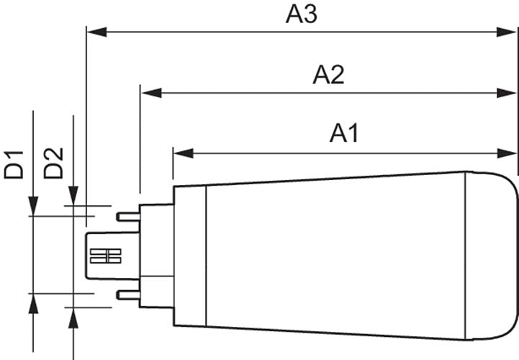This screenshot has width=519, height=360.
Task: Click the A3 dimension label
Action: pyautogui.click(x=301, y=15)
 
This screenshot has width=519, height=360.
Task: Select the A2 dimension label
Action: pyautogui.click(x=328, y=76)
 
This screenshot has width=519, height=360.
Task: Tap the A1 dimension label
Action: pyautogui.click(x=344, y=134)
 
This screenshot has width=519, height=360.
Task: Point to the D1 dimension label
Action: pyautogui.click(x=14, y=165)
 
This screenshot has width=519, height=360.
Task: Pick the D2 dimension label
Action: pyautogui.click(x=53, y=163)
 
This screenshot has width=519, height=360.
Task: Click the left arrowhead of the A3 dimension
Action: pyautogui.click(x=96, y=32)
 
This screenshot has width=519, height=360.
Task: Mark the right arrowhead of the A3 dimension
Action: pyautogui.click(x=507, y=32)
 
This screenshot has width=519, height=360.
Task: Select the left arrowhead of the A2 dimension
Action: pyautogui.click(x=151, y=93)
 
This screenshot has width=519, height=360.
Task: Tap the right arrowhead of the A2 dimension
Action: pyautogui.click(x=507, y=93)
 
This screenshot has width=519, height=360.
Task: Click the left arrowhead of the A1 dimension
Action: pyautogui.click(x=184, y=153)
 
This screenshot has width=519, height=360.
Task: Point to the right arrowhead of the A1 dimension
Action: pyautogui.click(x=507, y=153)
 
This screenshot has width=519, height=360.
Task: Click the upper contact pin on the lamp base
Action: pyautogui.click(x=127, y=217)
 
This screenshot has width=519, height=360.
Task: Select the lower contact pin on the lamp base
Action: pyautogui.click(x=127, y=294)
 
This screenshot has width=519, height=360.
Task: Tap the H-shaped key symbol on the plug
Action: pyautogui.click(x=106, y=256)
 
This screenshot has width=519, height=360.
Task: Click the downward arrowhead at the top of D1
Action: pyautogui.click(x=33, y=206)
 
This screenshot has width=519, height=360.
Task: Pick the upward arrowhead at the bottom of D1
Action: pyautogui.click(x=33, y=303)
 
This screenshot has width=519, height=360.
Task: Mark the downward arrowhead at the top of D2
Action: pyautogui.click(x=73, y=196)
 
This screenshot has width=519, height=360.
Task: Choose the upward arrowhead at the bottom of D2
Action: pyautogui.click(x=73, y=318)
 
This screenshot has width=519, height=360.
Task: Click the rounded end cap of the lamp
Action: pyautogui.click(x=492, y=256)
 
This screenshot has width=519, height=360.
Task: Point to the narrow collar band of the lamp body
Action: pyautogui.click(x=190, y=256)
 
